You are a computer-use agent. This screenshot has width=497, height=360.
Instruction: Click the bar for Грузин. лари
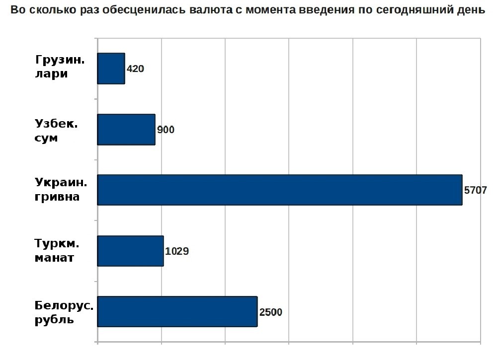(x=111, y=69)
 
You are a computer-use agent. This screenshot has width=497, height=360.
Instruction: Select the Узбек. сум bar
(x=126, y=130)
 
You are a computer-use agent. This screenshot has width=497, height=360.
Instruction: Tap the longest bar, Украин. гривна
(x=279, y=190)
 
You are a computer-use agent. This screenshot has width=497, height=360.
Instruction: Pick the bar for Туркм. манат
(x=130, y=251)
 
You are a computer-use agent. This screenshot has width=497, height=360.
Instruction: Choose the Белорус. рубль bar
(x=177, y=311)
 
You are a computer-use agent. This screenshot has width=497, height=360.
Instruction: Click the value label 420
(x=135, y=69)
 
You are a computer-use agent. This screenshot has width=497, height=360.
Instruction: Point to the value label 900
(x=166, y=130)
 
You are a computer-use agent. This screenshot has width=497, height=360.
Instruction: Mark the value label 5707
(x=475, y=190)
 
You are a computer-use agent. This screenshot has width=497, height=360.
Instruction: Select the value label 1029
(x=177, y=251)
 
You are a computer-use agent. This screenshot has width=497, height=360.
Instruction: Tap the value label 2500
(x=271, y=312)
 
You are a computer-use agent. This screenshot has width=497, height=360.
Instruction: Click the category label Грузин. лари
(x=60, y=68)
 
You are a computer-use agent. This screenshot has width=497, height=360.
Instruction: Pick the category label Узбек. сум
(x=56, y=130)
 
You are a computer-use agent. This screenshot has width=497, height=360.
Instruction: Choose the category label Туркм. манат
(x=58, y=251)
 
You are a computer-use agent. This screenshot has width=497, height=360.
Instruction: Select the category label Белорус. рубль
(x=64, y=312)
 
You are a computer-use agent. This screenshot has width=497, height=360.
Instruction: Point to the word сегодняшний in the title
(x=412, y=10)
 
